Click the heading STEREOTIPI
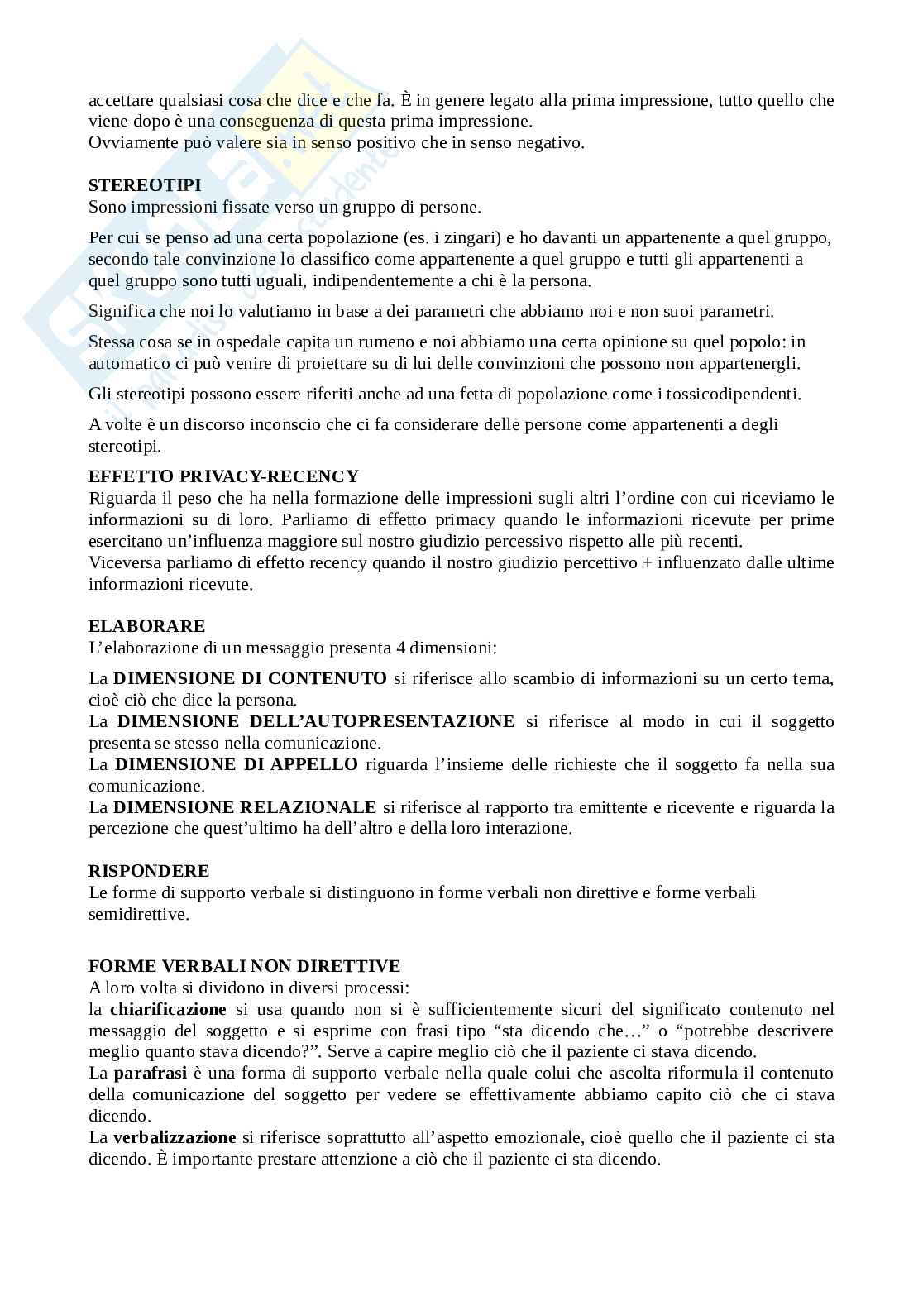144,185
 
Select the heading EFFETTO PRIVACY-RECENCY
223,476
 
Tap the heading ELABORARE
146,625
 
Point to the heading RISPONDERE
149,870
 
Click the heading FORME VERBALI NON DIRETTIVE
244,965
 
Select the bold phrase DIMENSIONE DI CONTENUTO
250,678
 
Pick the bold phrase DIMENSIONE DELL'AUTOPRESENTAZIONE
315,721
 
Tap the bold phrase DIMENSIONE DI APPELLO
236,764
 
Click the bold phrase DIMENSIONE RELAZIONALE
245,807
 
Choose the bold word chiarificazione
168,1009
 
